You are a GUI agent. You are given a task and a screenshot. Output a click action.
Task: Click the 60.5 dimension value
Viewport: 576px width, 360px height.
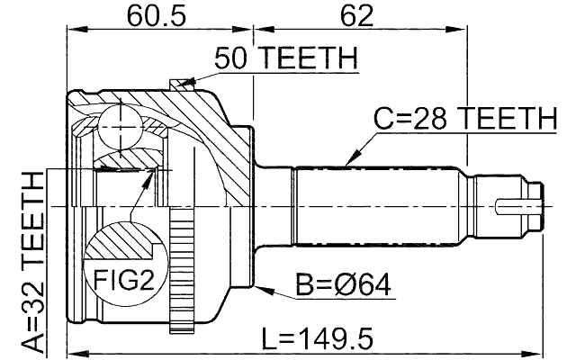(152, 15)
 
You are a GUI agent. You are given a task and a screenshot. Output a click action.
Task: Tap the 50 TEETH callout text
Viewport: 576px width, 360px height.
(285, 59)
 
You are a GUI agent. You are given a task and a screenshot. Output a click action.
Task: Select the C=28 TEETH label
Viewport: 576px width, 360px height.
(466, 119)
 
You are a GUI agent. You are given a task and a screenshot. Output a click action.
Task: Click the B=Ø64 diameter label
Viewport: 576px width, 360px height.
(342, 286)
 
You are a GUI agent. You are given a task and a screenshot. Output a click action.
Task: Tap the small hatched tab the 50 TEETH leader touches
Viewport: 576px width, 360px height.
(184, 85)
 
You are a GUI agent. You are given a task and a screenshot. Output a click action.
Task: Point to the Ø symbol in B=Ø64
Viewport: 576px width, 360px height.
(346, 286)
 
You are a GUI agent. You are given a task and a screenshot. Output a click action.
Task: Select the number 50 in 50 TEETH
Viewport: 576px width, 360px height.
(230, 59)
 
